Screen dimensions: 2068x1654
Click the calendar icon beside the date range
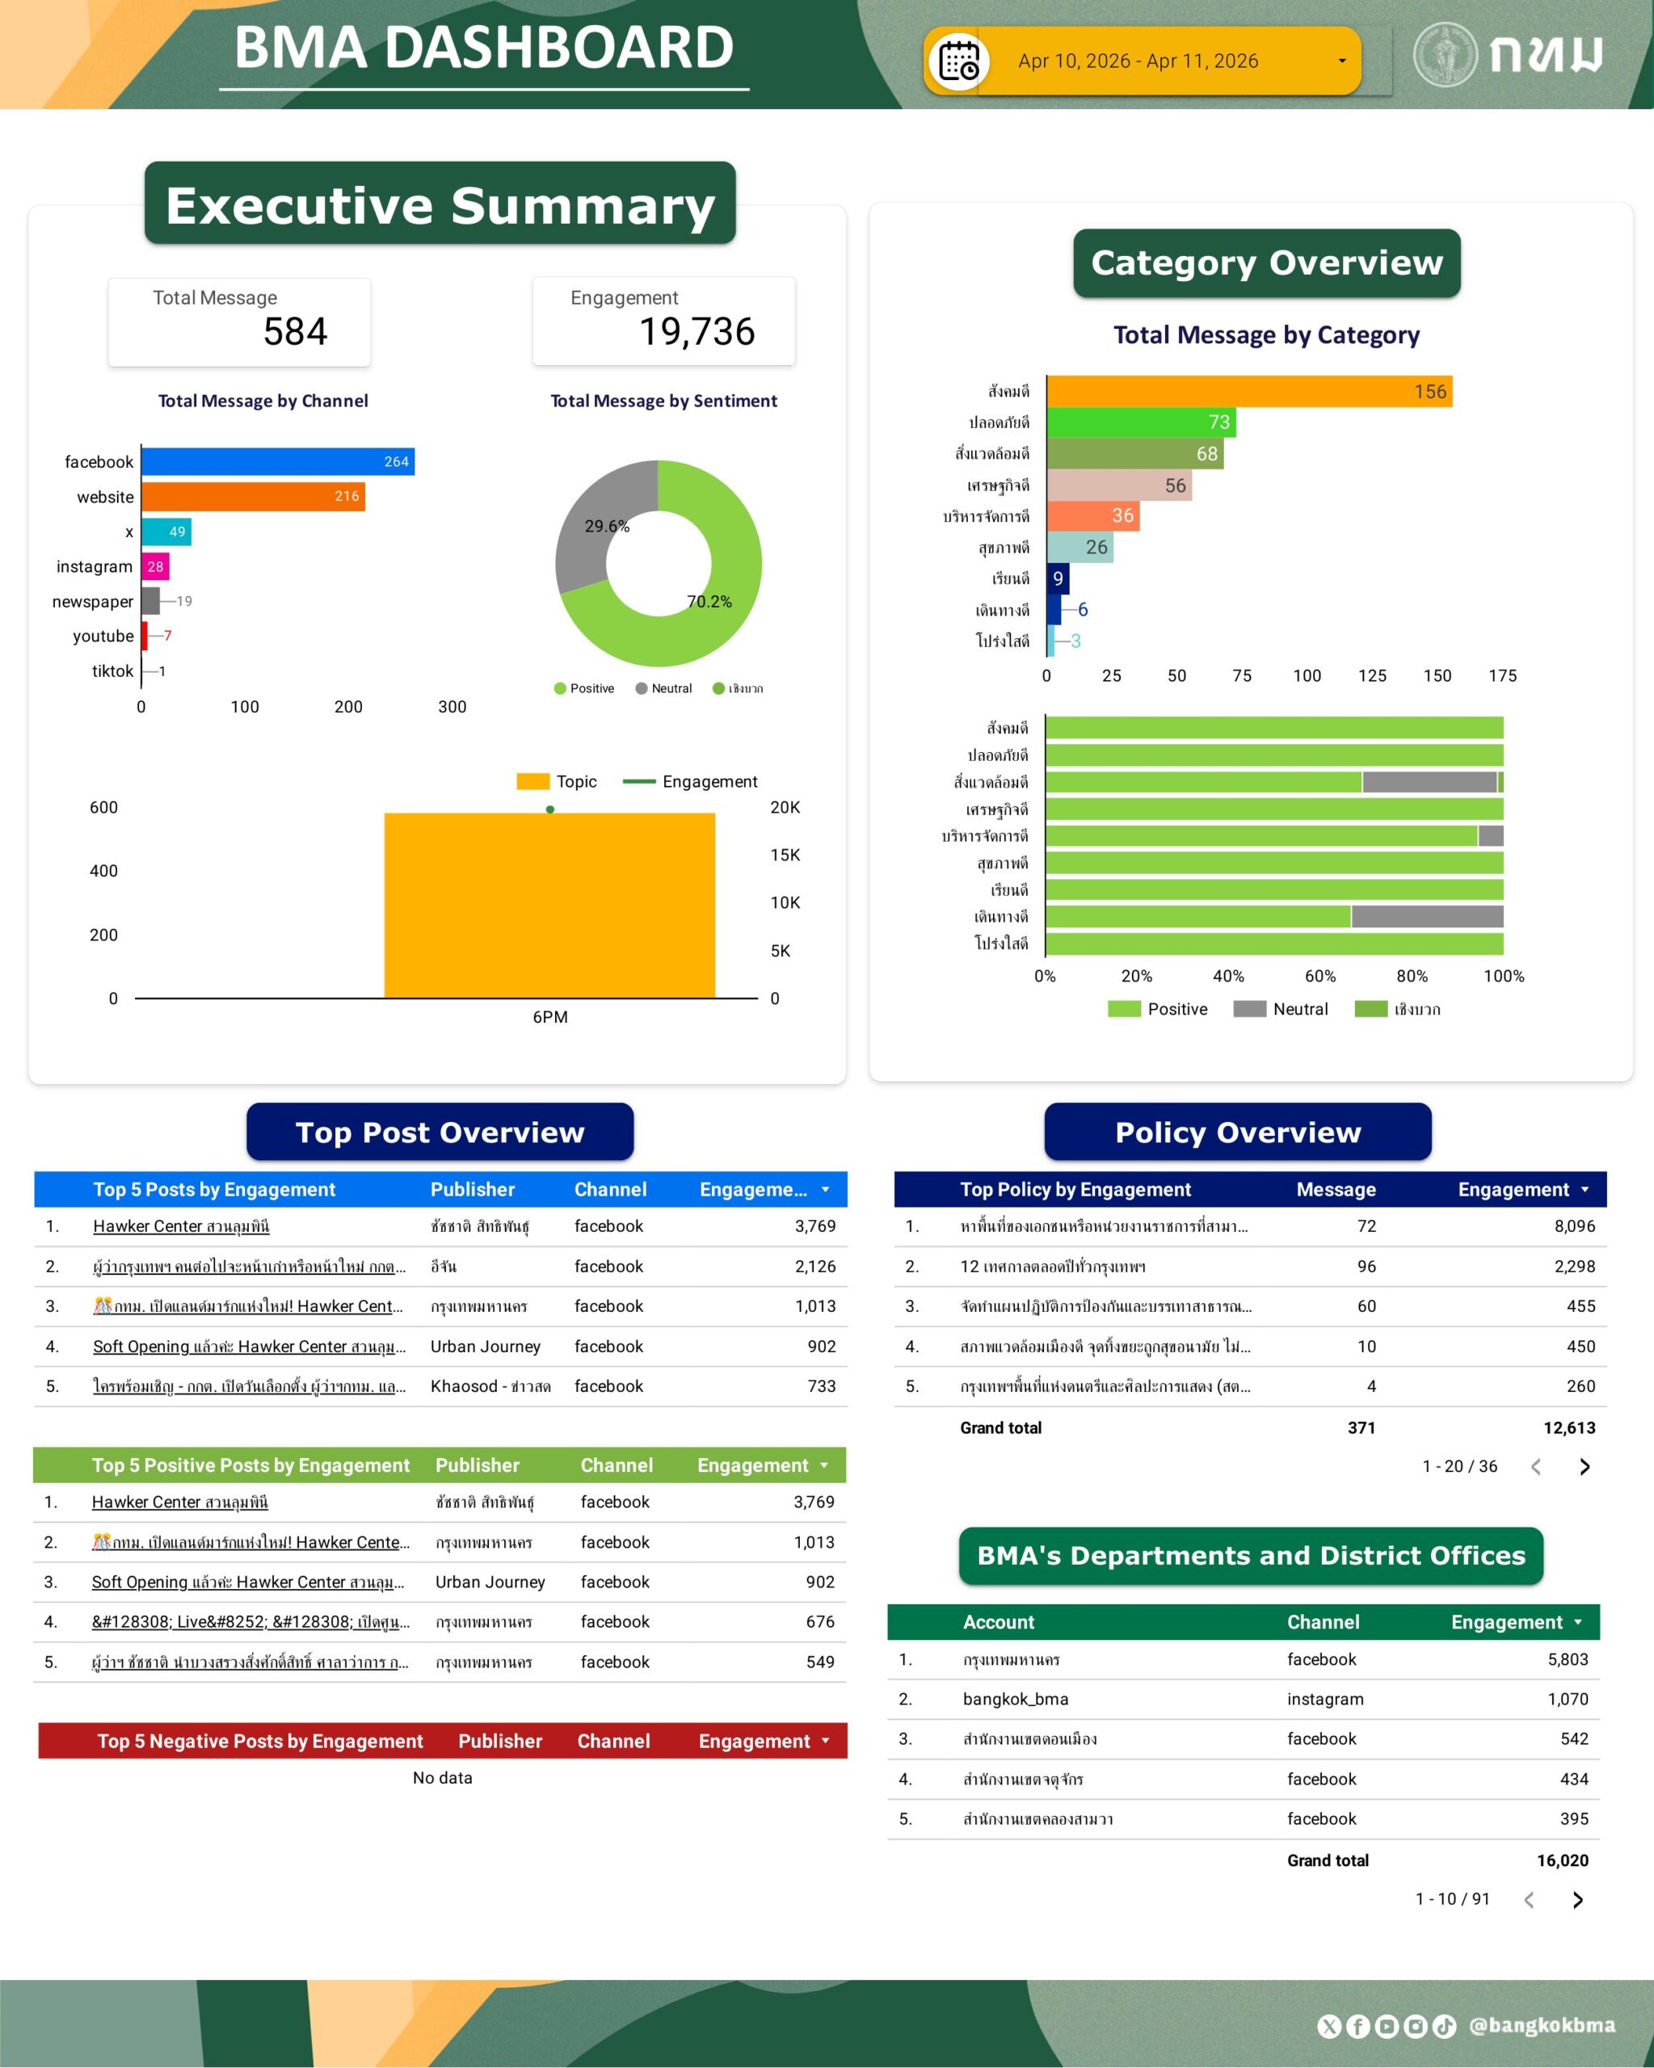[x=958, y=61]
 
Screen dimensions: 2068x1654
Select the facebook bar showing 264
[x=277, y=461]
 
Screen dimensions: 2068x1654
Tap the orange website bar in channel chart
[x=253, y=497]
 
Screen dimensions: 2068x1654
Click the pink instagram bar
[x=155, y=567]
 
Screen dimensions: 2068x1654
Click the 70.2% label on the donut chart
[x=709, y=601]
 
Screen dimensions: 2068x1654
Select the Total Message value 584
[x=296, y=332]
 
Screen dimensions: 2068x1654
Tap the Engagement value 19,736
[x=697, y=332]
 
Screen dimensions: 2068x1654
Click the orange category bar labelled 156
[x=1248, y=391]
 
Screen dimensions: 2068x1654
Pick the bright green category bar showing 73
[x=1141, y=422]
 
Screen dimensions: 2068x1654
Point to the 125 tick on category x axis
[x=1372, y=675]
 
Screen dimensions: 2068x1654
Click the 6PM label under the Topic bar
[x=549, y=1017]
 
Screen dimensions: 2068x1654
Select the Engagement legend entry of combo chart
[x=708, y=782]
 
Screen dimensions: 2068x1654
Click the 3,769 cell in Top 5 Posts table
[x=814, y=1225]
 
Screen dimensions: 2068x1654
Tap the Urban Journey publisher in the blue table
[x=486, y=1347]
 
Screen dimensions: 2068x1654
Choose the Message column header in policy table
[x=1336, y=1189]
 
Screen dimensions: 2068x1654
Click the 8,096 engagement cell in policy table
[x=1574, y=1225]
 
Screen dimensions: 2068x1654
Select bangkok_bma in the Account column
[x=1015, y=1699]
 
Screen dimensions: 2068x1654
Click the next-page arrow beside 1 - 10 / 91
[x=1577, y=1899]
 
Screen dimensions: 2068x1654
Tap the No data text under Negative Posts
[x=442, y=1777]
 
